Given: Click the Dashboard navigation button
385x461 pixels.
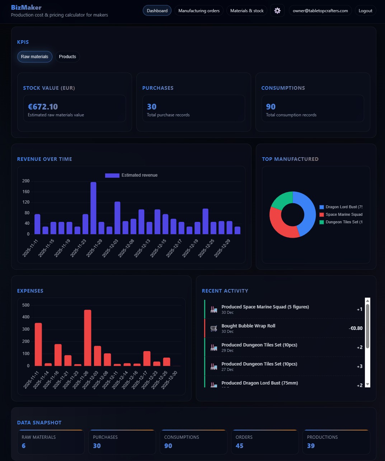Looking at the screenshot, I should click(x=157, y=11).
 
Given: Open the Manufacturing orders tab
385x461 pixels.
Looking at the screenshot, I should click(x=199, y=11).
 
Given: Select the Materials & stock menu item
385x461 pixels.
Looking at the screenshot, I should click(x=247, y=11).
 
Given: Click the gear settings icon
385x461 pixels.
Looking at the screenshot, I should click(x=277, y=11).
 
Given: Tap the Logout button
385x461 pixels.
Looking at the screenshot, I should click(x=365, y=11).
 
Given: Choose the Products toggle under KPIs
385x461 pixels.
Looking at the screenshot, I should click(x=67, y=57).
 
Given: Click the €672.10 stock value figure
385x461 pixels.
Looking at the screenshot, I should click(x=43, y=107).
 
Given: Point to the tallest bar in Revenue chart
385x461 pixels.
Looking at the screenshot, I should click(x=93, y=208).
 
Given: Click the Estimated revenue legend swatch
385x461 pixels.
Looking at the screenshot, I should click(x=112, y=175).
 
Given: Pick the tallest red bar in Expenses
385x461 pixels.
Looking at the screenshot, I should click(x=88, y=337).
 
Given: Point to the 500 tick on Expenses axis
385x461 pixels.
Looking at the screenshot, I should click(x=26, y=305).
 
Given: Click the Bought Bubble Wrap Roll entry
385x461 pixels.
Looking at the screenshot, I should click(x=248, y=326).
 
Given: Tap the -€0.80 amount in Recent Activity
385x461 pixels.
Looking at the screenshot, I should click(x=356, y=328).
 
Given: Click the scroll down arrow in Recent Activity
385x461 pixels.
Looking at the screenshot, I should click(x=367, y=385).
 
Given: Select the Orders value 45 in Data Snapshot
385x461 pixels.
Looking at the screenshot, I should click(x=239, y=446).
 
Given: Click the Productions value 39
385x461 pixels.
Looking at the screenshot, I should click(x=311, y=446).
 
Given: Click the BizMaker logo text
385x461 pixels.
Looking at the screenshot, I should click(x=26, y=8).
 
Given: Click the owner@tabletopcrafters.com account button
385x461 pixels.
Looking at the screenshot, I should click(x=320, y=11).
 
